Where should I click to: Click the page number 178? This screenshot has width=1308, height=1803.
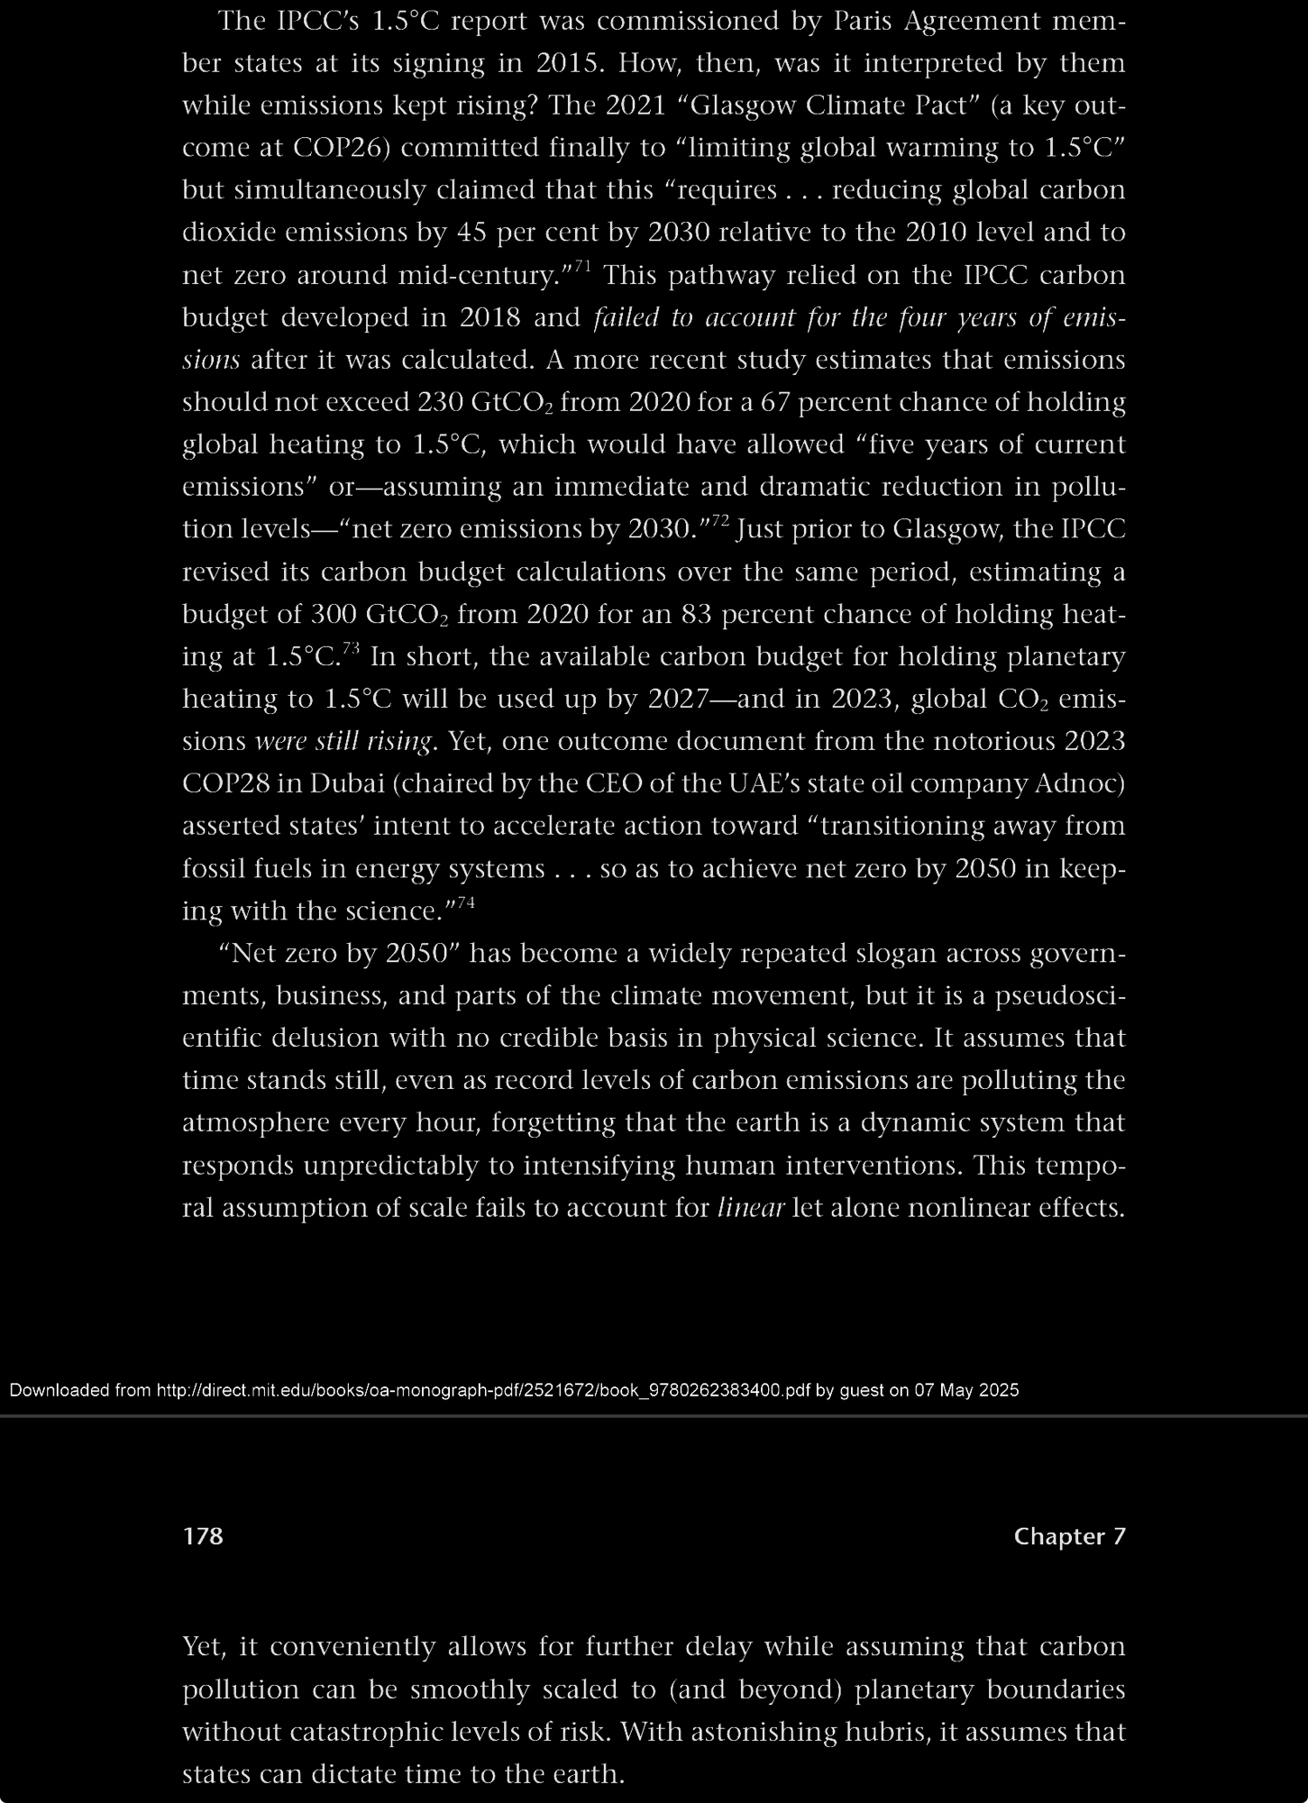203,1536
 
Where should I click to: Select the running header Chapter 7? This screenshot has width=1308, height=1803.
1069,1536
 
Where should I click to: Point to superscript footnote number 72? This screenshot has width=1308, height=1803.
719,521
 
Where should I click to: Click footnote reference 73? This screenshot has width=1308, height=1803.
352,648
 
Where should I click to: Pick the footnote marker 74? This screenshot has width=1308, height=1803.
464,902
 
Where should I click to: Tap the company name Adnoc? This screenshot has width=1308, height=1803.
1081,783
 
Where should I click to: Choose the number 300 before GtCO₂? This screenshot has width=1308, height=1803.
334,614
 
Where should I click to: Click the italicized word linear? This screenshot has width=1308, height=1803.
750,1207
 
